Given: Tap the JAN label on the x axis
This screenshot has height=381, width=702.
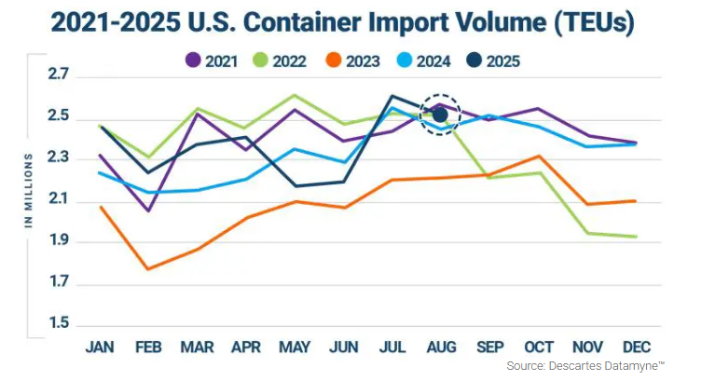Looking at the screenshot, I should pyautogui.click(x=99, y=347).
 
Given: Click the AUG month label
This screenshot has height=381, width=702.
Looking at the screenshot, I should pyautogui.click(x=440, y=347).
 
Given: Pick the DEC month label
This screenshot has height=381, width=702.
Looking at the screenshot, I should pyautogui.click(x=636, y=347).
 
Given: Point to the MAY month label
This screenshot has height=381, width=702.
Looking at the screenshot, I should pyautogui.click(x=295, y=347).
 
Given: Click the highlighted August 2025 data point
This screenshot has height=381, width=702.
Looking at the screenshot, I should pyautogui.click(x=440, y=115).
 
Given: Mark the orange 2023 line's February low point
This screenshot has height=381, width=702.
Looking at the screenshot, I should pyautogui.click(x=148, y=269).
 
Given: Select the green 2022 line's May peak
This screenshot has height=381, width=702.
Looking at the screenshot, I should pyautogui.click(x=295, y=95).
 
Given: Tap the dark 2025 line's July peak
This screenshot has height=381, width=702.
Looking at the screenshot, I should pyautogui.click(x=392, y=95).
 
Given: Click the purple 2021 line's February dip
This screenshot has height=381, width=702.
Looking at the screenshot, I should pyautogui.click(x=148, y=211).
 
